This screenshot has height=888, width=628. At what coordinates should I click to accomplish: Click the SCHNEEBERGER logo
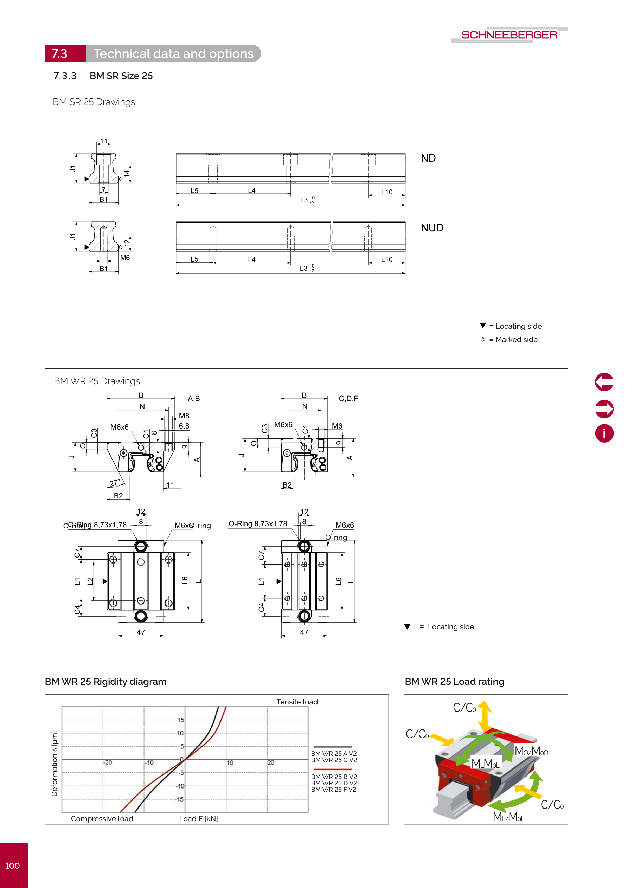point(509,35)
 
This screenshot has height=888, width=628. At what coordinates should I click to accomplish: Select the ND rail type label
point(428,158)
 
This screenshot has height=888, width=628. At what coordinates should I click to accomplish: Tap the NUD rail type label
point(432,228)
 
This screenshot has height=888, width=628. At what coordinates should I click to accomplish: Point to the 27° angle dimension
point(115,483)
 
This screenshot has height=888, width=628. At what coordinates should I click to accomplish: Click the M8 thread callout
point(184,416)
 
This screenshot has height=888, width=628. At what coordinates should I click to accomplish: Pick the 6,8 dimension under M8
point(184,426)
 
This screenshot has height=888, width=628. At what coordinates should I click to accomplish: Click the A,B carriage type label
point(193,399)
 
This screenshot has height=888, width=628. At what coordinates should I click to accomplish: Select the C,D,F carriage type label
point(348,399)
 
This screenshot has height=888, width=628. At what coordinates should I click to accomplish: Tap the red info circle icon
point(604,433)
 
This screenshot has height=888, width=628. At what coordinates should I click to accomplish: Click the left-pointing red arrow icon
point(604,382)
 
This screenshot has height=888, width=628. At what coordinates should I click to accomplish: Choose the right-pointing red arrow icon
point(604,409)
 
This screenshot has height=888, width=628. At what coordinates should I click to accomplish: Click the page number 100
point(12,866)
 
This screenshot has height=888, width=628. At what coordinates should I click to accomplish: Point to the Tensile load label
point(297,702)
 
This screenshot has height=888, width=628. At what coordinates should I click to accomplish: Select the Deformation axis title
point(55,764)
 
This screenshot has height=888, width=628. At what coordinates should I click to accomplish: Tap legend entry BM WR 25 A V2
point(334,754)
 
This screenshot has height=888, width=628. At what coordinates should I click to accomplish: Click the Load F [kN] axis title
point(198,819)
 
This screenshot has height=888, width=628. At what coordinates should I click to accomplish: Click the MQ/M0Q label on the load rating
point(531,752)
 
